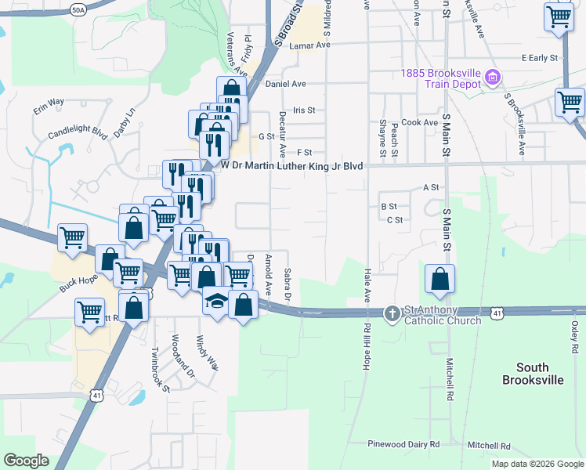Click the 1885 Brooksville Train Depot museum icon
click(493, 78)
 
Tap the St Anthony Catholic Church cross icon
click(392, 314)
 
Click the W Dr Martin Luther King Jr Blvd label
click(292, 166)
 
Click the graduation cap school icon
click(215, 300)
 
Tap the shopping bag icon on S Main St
click(440, 279)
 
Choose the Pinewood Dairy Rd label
click(404, 444)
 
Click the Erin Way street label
click(48, 105)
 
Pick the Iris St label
click(303, 111)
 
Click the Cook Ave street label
click(419, 123)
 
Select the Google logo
click(26, 461)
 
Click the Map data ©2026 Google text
click(537, 464)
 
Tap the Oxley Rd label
click(574, 336)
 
